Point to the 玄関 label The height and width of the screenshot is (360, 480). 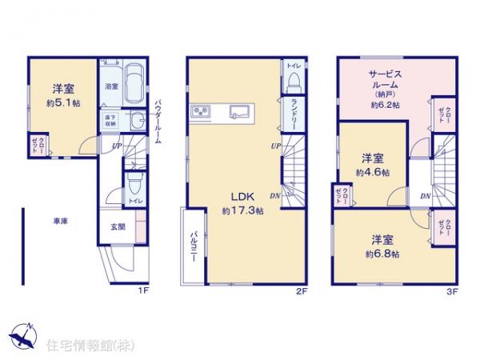coord(115,226)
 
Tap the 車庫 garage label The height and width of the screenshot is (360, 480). coord(60,222)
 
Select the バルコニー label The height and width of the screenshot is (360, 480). coord(193,247)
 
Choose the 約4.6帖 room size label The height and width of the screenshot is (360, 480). coord(374,172)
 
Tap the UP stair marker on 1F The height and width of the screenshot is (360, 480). coord(116,146)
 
